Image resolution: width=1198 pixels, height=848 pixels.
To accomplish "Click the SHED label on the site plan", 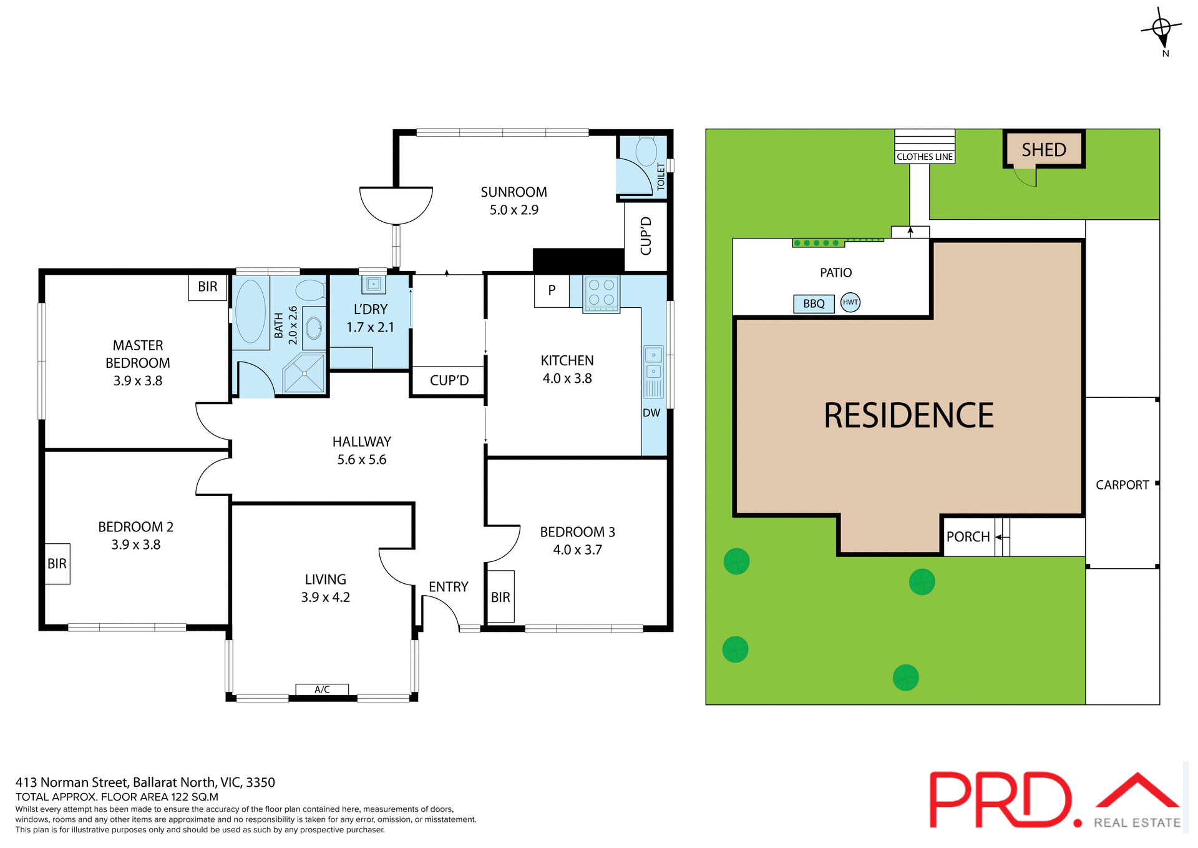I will click(x=1043, y=150).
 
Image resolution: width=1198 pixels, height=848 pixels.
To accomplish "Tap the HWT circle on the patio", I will click(x=850, y=302).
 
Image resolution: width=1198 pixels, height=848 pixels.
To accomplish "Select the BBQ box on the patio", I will click(x=814, y=304).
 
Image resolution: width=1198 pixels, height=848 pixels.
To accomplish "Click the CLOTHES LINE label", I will click(x=924, y=157).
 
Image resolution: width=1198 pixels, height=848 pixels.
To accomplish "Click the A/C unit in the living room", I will click(x=322, y=689).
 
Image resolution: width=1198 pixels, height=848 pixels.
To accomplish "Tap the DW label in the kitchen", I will click(x=651, y=413).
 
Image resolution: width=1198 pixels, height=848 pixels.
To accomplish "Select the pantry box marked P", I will click(x=552, y=290).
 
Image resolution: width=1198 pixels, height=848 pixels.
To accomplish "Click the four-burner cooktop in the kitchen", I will click(x=601, y=293).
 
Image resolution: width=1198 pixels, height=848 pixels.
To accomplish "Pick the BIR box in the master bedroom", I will click(x=208, y=287).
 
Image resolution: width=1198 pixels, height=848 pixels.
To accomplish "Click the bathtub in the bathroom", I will click(x=251, y=311).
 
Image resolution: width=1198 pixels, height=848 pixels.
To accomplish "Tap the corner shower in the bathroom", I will click(x=304, y=373).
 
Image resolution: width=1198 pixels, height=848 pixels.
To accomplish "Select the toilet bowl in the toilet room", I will click(x=646, y=151).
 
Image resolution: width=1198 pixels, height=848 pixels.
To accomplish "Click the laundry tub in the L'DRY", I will click(x=373, y=285).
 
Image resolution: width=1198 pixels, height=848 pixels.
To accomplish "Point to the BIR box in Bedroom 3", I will click(x=500, y=597).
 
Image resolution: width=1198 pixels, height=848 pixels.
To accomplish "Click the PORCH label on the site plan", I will click(x=967, y=537).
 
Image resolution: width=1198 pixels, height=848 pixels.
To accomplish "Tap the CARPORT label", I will click(x=1122, y=485).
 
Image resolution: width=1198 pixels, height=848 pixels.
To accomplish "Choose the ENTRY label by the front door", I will click(x=448, y=587).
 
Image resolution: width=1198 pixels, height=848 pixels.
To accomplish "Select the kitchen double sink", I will click(x=653, y=363).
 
